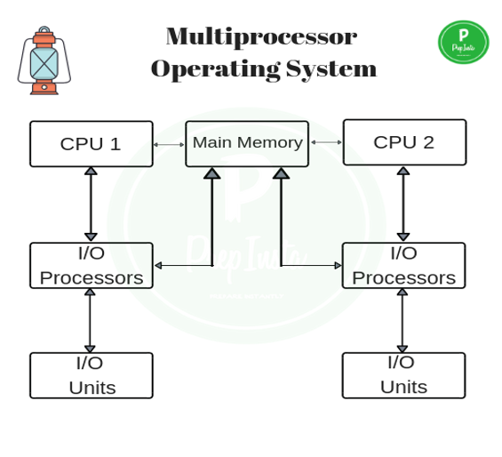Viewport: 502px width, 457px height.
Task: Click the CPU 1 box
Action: point(91,144)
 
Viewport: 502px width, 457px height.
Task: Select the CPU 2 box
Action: point(404,142)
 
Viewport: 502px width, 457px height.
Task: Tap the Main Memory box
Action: point(247,143)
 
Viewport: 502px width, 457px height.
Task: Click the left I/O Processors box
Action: point(91,265)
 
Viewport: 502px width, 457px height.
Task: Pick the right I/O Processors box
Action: point(403,265)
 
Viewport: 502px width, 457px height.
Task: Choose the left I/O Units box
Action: point(91,375)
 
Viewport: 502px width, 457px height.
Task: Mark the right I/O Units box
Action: point(403,375)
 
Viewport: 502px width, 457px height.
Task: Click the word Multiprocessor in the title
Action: point(261,36)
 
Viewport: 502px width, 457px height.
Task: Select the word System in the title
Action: point(331,68)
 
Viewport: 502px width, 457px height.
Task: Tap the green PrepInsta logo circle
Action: point(463,43)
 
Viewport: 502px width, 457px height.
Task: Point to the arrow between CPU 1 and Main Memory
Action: point(169,144)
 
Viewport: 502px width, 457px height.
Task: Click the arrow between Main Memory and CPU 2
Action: point(326,142)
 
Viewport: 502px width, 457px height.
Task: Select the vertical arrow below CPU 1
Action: point(91,204)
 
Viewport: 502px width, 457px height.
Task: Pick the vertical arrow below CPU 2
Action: point(403,204)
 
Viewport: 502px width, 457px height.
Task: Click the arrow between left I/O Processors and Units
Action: point(90,320)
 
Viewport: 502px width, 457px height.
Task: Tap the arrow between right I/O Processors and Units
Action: point(402,320)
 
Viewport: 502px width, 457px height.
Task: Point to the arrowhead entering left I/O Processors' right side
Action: point(159,265)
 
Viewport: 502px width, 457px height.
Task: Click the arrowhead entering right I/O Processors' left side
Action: point(338,265)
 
